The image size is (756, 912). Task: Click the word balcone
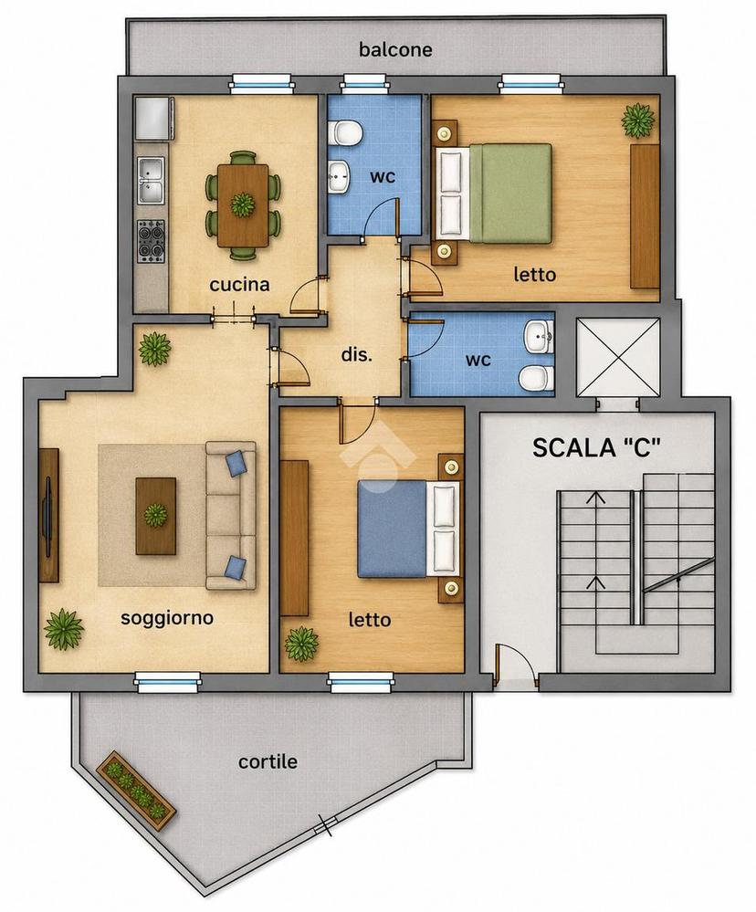click(395, 49)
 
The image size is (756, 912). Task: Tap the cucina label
click(239, 285)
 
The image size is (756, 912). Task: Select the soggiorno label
click(167, 618)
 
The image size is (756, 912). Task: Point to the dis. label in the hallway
click(356, 354)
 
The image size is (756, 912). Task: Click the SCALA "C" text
click(597, 448)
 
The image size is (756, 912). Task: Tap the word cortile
click(268, 761)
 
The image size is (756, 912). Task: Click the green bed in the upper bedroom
click(494, 194)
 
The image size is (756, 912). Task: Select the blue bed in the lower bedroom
click(408, 529)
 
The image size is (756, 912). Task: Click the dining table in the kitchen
click(243, 205)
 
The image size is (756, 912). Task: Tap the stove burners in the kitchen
click(152, 241)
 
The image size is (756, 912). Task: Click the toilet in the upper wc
click(345, 132)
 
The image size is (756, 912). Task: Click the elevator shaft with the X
click(617, 357)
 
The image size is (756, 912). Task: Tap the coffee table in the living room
click(156, 516)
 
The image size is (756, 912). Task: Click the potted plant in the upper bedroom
click(638, 121)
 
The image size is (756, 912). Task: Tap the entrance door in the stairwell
click(498, 665)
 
